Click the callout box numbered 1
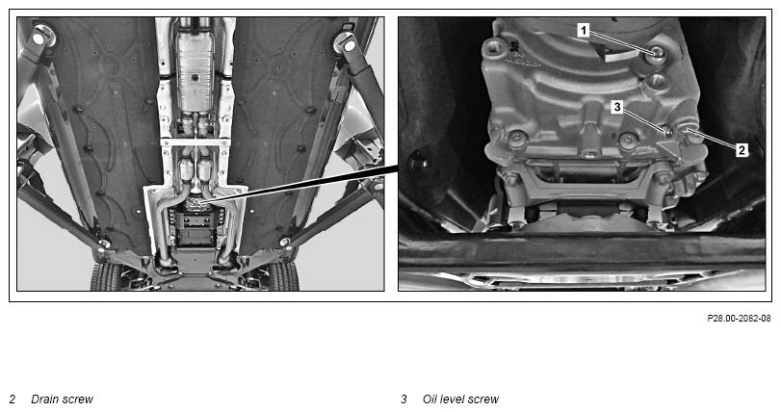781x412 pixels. pyautogui.click(x=584, y=31)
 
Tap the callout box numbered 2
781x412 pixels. pyautogui.click(x=742, y=149)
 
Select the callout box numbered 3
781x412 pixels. pyautogui.click(x=617, y=107)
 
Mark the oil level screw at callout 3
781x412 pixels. pyautogui.click(x=666, y=130)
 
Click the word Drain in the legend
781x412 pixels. pyautogui.click(x=46, y=399)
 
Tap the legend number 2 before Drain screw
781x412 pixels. pyautogui.click(x=13, y=399)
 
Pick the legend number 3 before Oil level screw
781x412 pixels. pyautogui.click(x=404, y=399)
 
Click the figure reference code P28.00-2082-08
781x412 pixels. pyautogui.click(x=739, y=318)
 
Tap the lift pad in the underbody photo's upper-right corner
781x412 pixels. pyautogui.click(x=345, y=43)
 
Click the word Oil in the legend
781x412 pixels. pyautogui.click(x=431, y=399)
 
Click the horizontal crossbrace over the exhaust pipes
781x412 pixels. pyautogui.click(x=195, y=142)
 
